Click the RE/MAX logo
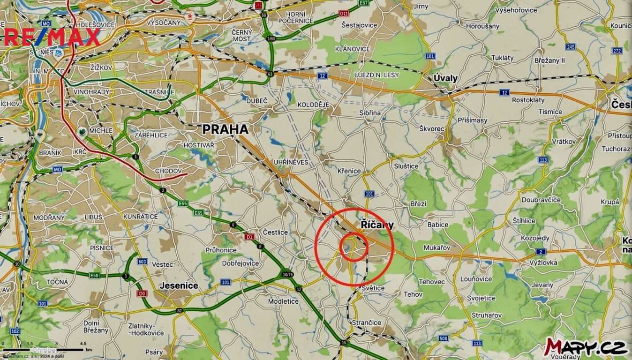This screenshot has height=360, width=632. tap(53, 37)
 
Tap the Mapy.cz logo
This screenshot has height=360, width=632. tap(586, 347)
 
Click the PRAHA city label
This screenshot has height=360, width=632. tap(225, 129)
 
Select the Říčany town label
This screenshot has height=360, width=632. tap(377, 225)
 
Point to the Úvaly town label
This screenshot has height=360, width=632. tap(445, 78)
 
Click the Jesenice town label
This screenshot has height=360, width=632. tap(179, 285)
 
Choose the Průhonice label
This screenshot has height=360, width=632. tap(221, 250)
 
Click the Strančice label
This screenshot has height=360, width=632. tap(366, 322)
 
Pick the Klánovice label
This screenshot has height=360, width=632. tap(353, 49)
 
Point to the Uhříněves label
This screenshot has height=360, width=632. tap(291, 162)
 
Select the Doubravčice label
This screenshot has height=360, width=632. tap(541, 200)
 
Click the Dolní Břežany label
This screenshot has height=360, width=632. tap(96, 326)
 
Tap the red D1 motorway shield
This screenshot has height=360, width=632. tap(249, 237)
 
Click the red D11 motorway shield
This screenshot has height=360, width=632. tap(343, 14)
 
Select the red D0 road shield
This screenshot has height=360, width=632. tap(142, 293)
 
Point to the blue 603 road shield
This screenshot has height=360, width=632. tap(143, 261)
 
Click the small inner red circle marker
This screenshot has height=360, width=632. tap(353, 247)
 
